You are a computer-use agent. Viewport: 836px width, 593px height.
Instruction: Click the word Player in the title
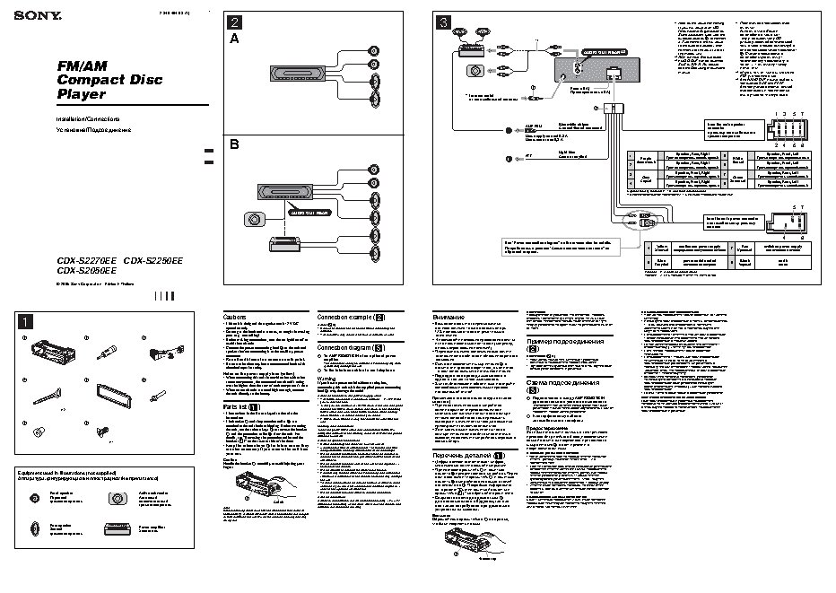[x=81, y=93]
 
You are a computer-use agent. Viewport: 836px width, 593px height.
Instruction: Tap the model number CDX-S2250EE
[x=154, y=260]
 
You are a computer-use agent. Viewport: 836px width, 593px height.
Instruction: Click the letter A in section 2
[x=234, y=40]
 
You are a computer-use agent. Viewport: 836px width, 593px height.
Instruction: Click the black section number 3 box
[x=442, y=22]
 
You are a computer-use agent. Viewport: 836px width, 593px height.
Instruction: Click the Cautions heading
[x=234, y=318]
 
